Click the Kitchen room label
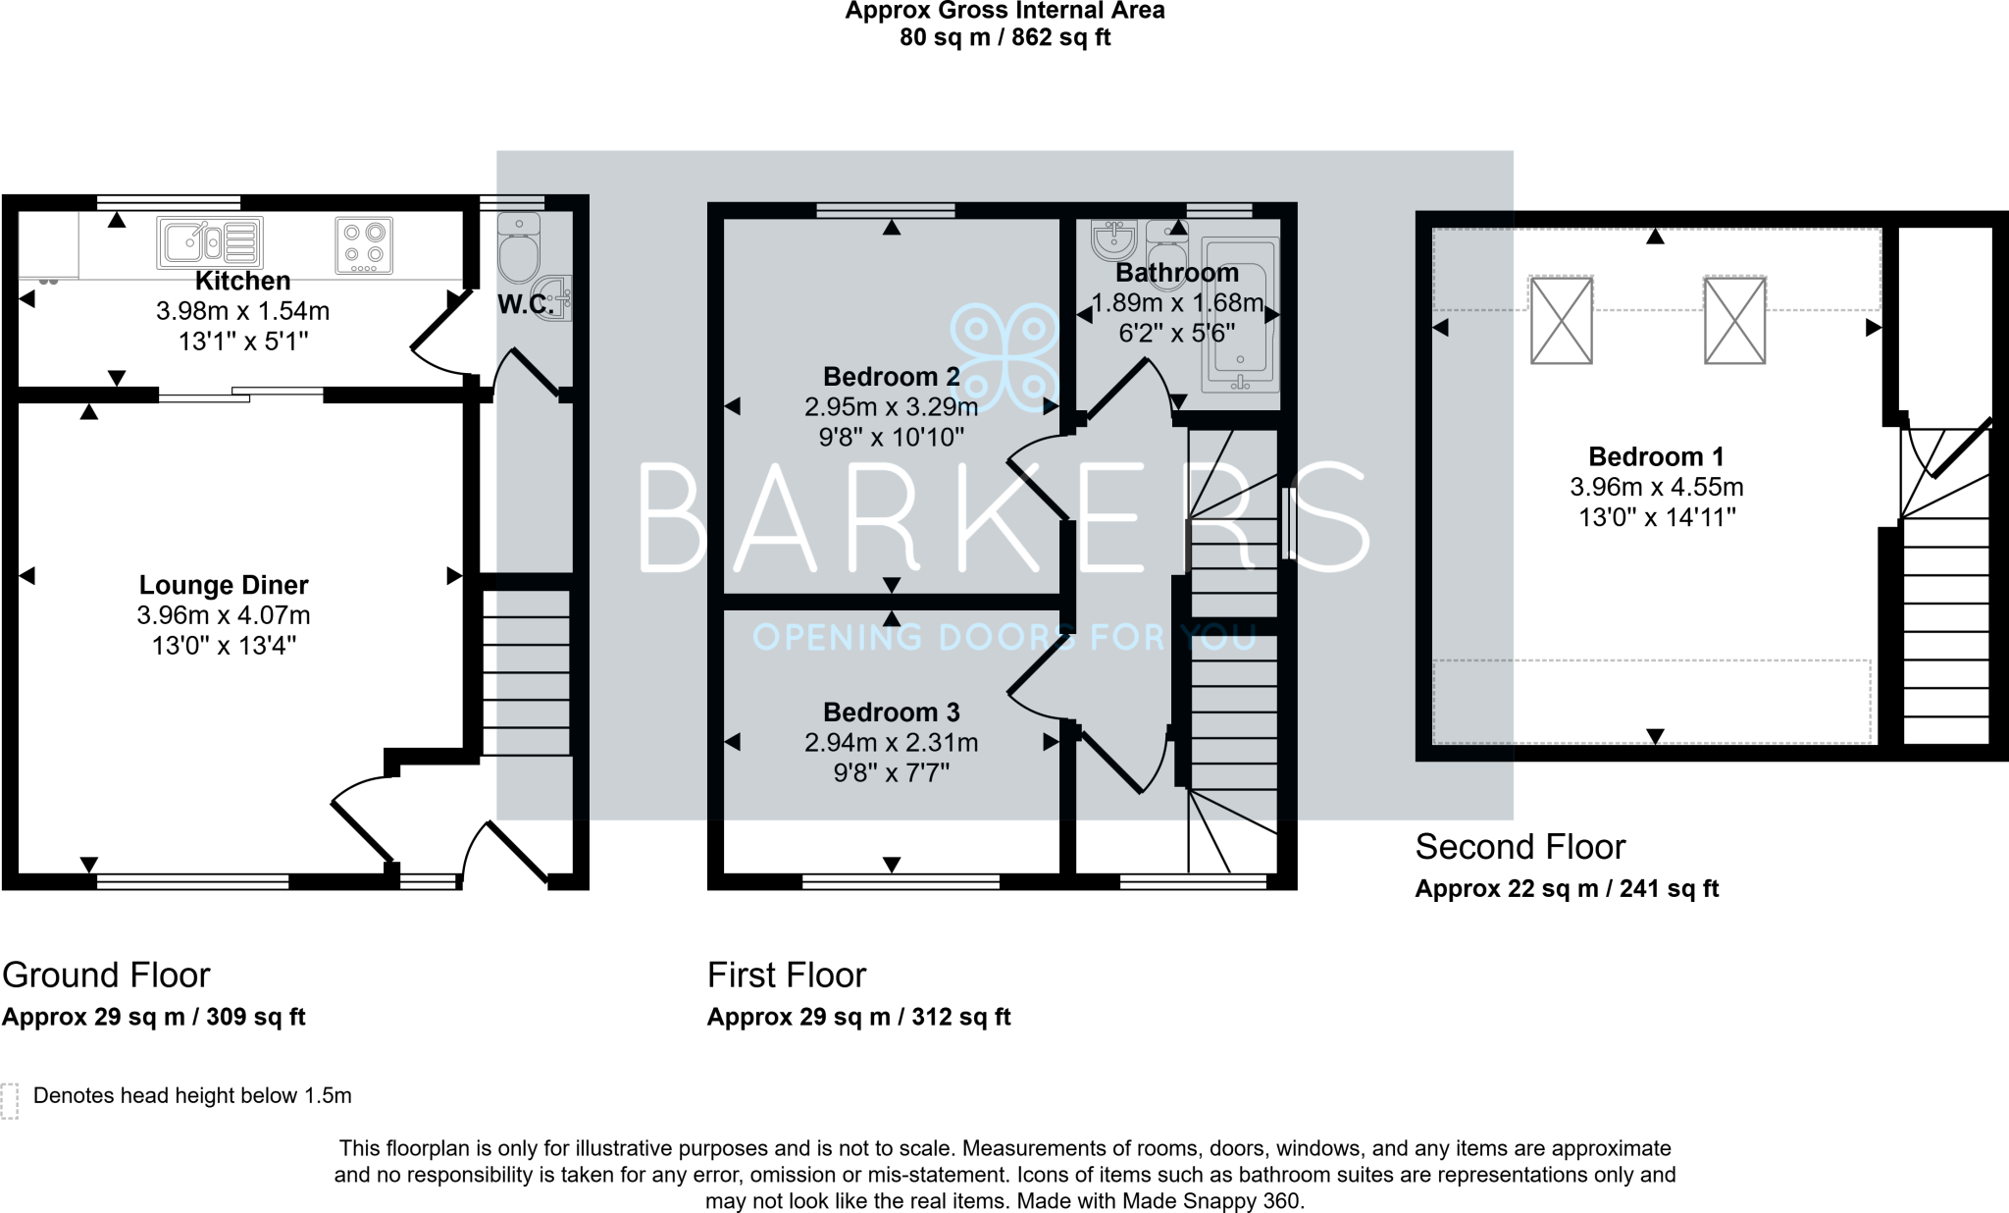tap(242, 281)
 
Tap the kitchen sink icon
tap(210, 242)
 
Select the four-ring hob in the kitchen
tap(364, 244)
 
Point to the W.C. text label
tap(526, 305)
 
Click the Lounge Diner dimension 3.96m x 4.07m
tap(224, 615)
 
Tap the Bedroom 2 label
tap(891, 377)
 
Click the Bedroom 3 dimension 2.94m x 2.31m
tap(891, 743)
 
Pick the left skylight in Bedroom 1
tap(1561, 320)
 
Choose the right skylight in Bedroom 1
tap(1734, 320)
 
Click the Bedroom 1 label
tap(1656, 456)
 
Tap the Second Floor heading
tap(1520, 846)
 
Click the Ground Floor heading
tap(106, 975)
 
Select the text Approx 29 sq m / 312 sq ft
tap(858, 1017)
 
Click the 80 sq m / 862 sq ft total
tap(1004, 38)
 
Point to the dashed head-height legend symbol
tap(10, 1101)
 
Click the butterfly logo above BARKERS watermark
tap(1004, 355)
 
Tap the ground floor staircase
tap(526, 672)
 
